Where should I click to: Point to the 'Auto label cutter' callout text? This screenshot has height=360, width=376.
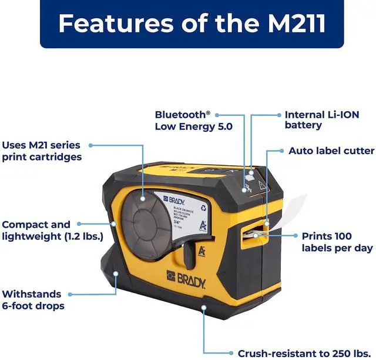(331, 151)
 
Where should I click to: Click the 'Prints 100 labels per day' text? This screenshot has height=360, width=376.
(337, 242)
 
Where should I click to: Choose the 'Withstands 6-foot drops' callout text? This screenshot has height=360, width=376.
(33, 299)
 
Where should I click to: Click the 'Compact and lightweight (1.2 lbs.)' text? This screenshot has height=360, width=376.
(52, 230)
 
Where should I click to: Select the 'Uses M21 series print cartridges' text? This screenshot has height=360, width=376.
(41, 151)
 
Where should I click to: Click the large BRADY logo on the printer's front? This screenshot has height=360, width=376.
(186, 277)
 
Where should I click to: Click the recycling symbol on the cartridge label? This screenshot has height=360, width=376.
(203, 207)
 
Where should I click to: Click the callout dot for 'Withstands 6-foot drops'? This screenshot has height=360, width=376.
(116, 275)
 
